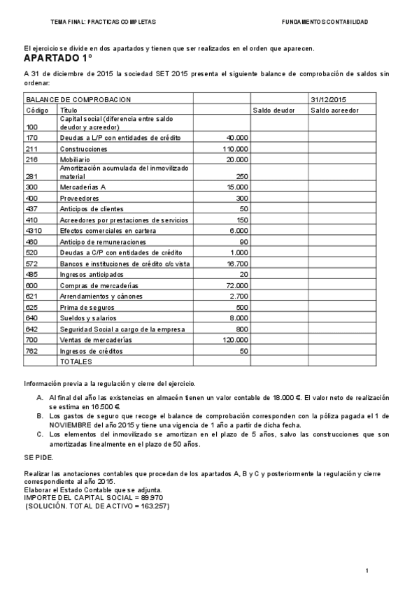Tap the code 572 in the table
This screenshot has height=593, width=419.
tap(31, 264)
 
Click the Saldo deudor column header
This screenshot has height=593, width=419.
tap(274, 110)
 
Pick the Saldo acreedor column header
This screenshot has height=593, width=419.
tap(334, 110)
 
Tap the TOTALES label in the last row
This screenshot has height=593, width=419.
tap(76, 362)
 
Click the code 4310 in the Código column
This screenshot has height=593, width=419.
tap(34, 231)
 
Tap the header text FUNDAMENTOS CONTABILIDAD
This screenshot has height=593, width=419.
tap(325, 22)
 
